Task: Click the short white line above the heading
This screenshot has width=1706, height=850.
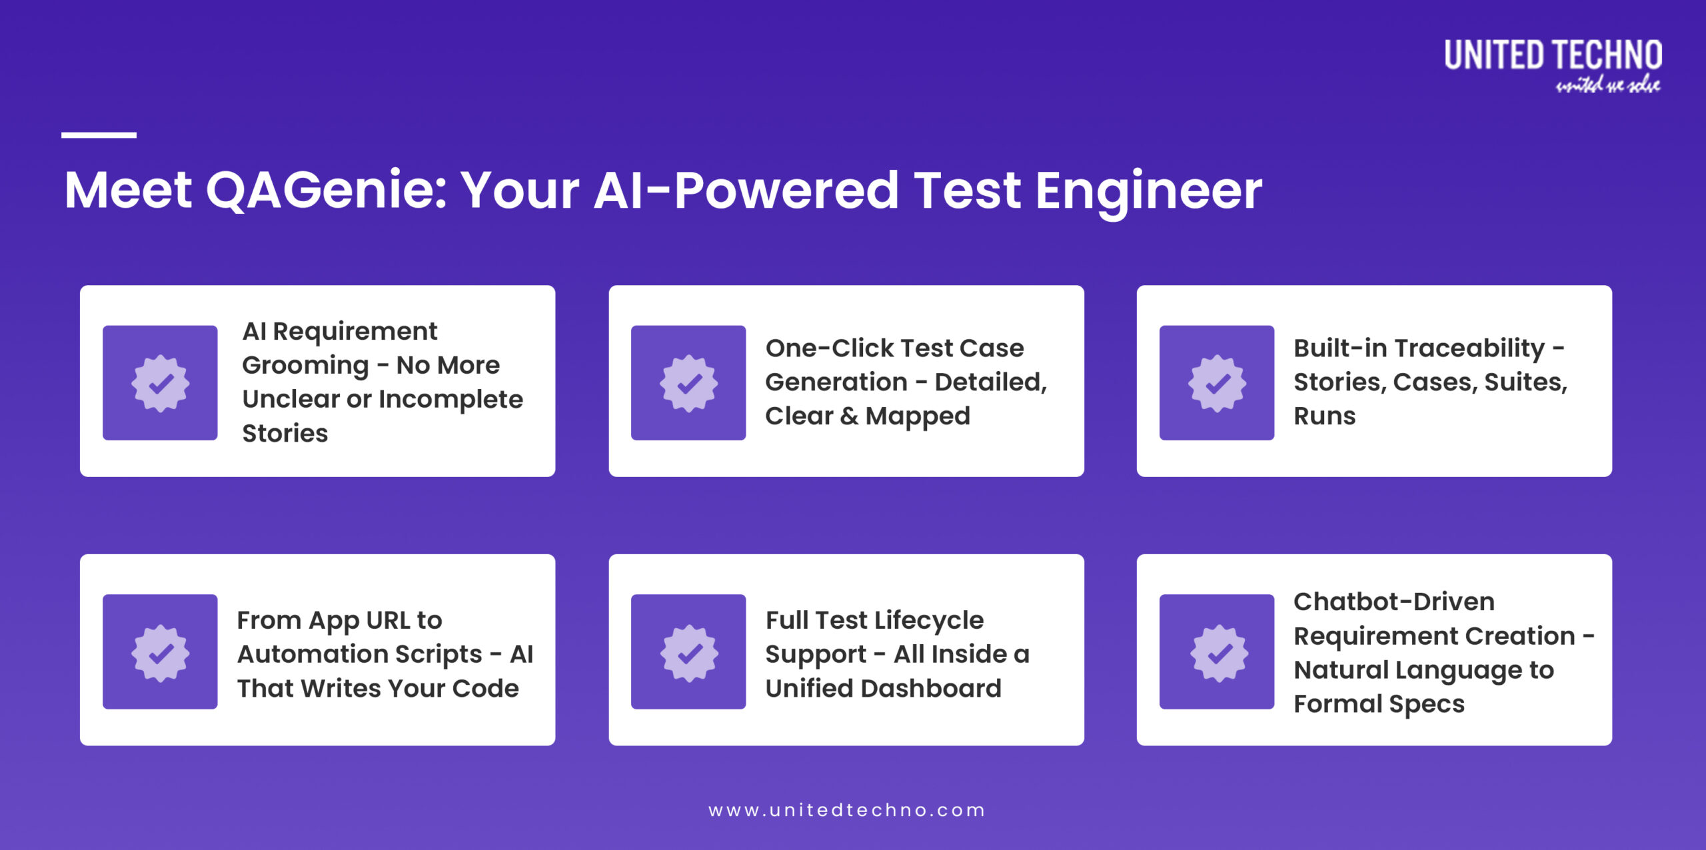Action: pyautogui.click(x=99, y=135)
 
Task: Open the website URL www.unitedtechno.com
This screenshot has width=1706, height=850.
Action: pyautogui.click(x=846, y=811)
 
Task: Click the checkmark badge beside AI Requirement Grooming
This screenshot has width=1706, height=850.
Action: pyautogui.click(x=160, y=383)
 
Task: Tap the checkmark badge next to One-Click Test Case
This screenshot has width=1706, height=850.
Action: pyautogui.click(x=688, y=383)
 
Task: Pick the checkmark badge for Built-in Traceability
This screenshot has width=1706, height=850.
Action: pyautogui.click(x=1217, y=383)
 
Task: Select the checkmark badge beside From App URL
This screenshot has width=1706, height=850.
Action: pyautogui.click(x=160, y=652)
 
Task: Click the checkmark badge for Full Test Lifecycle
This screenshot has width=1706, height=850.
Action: pyautogui.click(x=688, y=652)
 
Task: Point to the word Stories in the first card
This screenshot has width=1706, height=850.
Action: pyautogui.click(x=285, y=434)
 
